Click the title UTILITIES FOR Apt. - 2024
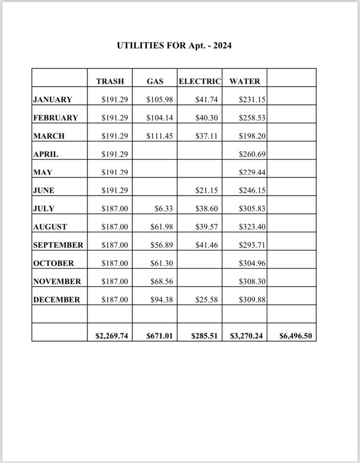tap(174, 45)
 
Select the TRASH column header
tap(110, 81)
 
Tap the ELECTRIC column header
tap(199, 81)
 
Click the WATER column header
tap(244, 81)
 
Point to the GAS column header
tap(155, 81)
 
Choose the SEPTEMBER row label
tap(58, 245)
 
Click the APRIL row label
tap(45, 154)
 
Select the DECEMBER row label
tap(56, 299)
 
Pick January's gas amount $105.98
tap(159, 99)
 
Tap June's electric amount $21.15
tap(206, 190)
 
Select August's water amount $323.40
tap(252, 226)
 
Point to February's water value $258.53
tap(252, 117)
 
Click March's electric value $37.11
tap(206, 136)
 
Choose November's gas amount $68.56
tap(161, 281)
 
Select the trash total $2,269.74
tap(111, 336)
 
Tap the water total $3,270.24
tap(246, 336)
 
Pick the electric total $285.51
tap(204, 336)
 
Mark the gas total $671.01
tap(159, 336)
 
